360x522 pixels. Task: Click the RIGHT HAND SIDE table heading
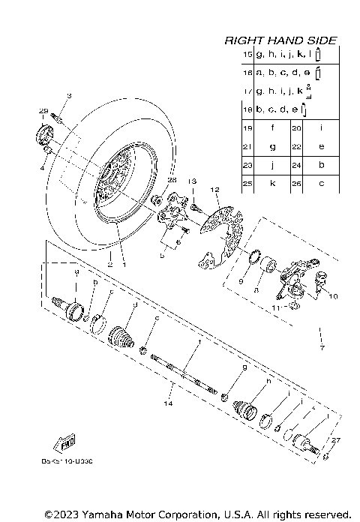280,40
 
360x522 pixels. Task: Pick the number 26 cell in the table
297,183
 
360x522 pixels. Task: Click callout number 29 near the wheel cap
43,111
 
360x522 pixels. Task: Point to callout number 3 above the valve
68,96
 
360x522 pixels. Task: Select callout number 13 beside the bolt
191,182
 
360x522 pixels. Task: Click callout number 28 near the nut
151,181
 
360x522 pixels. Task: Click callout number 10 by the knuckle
334,296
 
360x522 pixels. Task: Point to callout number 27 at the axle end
336,441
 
